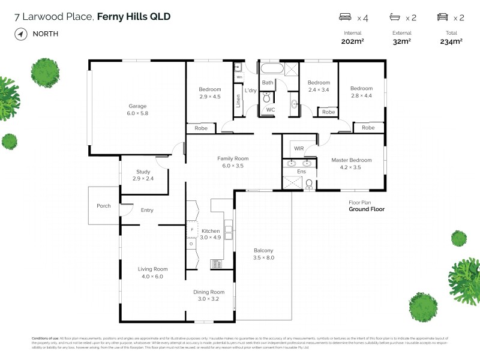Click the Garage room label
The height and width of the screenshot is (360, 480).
click(137, 106)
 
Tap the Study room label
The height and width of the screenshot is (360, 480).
click(143, 172)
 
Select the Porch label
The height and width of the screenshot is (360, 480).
click(104, 206)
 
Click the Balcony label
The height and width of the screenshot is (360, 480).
click(263, 250)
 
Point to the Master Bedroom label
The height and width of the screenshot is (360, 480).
click(351, 160)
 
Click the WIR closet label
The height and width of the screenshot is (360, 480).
click(299, 148)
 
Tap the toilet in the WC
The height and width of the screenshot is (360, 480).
click(267, 98)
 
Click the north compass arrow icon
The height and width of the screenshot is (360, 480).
click(21, 34)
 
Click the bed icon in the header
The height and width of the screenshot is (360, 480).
click(345, 17)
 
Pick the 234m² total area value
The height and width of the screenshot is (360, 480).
click(451, 41)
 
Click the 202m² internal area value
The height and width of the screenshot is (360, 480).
click(353, 41)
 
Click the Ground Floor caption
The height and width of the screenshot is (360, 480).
click(367, 209)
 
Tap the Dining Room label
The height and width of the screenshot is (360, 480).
click(208, 292)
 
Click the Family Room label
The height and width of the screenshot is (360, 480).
click(233, 158)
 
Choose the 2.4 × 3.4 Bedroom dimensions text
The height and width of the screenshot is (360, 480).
click(319, 90)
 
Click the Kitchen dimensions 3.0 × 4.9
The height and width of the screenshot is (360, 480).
click(211, 238)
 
